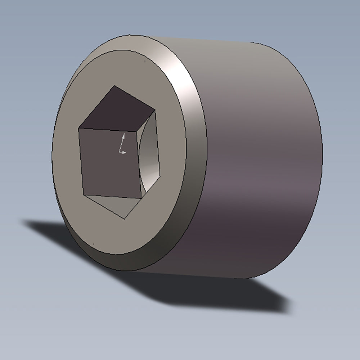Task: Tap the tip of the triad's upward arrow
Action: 123,134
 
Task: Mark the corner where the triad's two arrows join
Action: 120,152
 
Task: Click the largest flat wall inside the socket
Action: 108,162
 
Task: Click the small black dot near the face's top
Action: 145,61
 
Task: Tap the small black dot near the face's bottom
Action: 94,243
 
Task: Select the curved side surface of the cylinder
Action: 259,162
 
